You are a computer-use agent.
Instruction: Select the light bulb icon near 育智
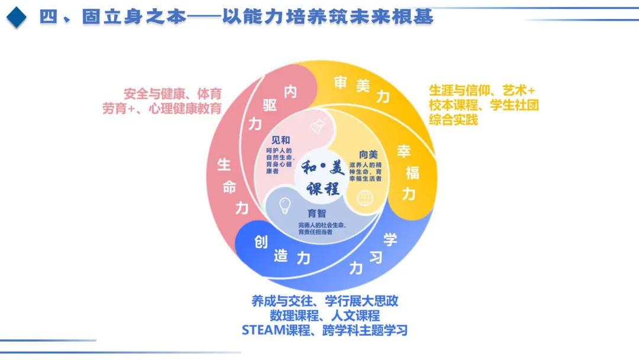pos(285,205)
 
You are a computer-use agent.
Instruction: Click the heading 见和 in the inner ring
pos(280,140)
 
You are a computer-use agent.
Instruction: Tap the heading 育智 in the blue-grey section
pos(317,213)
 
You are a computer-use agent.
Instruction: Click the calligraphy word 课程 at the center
pos(323,188)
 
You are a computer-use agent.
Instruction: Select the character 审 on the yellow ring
pos(340,82)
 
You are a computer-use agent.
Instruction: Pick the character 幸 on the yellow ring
pos(404,151)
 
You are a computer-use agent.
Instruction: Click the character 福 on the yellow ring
pos(412,172)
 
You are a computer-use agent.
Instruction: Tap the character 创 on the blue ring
pos(261,242)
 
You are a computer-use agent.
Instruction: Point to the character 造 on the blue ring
pos(281,256)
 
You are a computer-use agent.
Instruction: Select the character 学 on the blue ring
pos(390,240)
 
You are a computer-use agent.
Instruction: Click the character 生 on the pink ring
pos(224,164)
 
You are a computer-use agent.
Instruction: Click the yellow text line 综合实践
pos(453,120)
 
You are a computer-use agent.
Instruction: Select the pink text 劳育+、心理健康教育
pos(162,109)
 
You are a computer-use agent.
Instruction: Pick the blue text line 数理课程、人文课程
pos(325,316)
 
